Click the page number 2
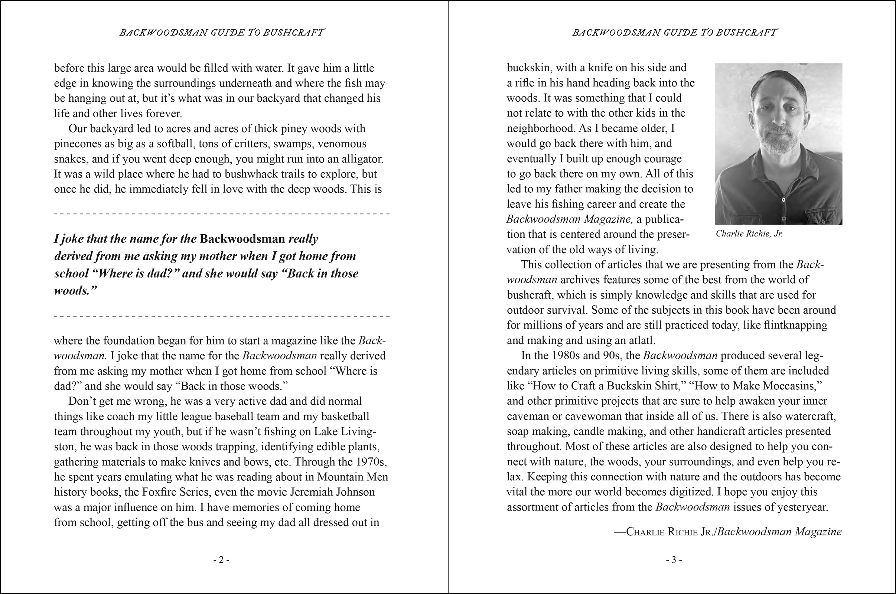coord(221,560)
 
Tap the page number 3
coord(674,560)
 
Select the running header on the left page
coord(222,33)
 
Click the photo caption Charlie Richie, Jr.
coord(749,234)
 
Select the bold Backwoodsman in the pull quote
coord(242,239)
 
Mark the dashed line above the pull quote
coord(222,214)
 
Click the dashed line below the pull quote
coord(222,316)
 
